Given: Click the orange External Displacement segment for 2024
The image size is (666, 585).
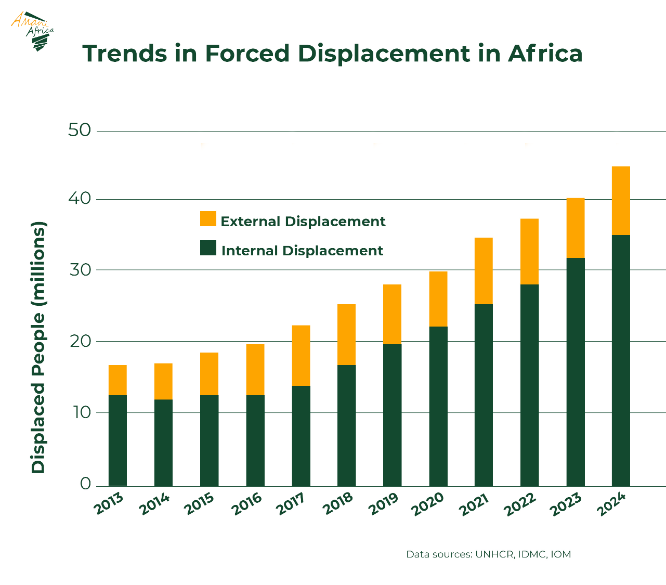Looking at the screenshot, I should (x=621, y=201).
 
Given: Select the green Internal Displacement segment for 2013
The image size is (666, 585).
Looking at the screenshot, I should (x=117, y=440).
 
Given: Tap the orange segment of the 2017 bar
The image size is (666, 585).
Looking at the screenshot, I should (x=301, y=355).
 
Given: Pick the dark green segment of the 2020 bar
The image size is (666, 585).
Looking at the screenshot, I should (x=438, y=406).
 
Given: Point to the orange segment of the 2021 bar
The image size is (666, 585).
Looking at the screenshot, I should (x=484, y=271).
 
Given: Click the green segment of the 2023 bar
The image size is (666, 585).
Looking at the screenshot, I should (x=576, y=372).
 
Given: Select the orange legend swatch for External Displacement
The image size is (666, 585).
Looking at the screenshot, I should (x=208, y=219).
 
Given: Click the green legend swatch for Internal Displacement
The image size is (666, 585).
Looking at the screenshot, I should (x=208, y=248).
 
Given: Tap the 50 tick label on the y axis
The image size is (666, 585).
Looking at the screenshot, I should (x=80, y=130).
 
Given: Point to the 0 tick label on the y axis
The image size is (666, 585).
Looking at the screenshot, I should (x=85, y=484).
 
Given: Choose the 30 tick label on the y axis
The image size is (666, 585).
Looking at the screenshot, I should (x=80, y=269).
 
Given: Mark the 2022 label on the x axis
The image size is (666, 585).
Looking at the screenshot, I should (x=522, y=505).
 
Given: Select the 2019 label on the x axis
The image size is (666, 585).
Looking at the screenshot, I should (x=385, y=505).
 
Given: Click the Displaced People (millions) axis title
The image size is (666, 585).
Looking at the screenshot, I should (x=38, y=347).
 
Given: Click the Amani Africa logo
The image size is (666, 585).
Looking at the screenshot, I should (x=33, y=31).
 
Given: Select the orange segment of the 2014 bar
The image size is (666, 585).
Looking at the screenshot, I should (x=163, y=381).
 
